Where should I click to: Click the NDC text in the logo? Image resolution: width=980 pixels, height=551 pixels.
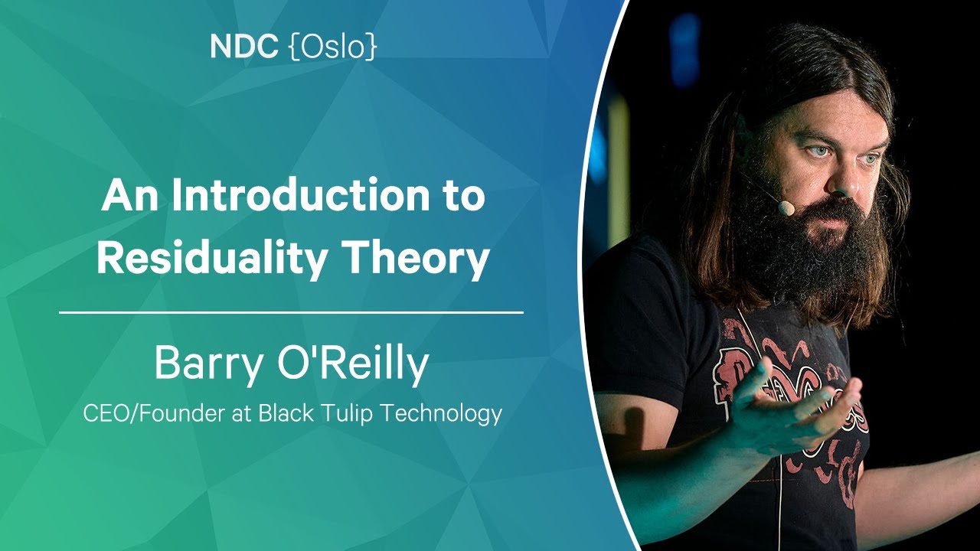click(244, 47)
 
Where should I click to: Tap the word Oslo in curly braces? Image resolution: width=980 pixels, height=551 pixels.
click(333, 47)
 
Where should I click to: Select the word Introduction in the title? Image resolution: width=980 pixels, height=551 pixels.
click(301, 195)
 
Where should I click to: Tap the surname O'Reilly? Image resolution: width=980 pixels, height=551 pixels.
click(353, 365)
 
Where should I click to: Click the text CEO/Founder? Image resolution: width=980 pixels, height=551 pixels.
click(154, 413)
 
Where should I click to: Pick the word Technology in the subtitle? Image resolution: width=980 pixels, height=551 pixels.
click(440, 414)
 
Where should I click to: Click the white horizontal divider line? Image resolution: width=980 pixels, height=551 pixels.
click(292, 313)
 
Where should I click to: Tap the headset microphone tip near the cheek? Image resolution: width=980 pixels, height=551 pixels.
click(786, 207)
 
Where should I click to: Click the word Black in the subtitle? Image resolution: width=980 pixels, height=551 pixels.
click(286, 413)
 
